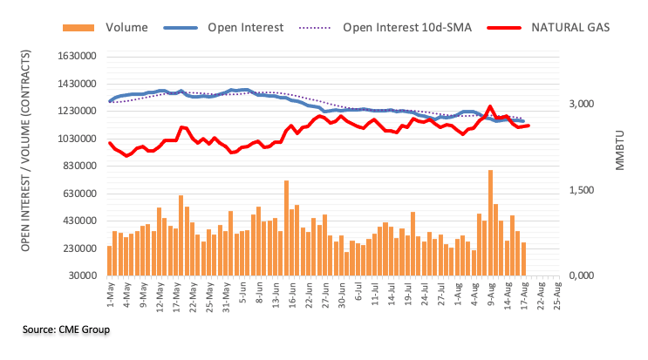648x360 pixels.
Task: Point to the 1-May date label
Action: point(111,296)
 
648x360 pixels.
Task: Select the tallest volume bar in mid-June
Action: point(286,228)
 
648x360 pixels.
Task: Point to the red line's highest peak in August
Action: point(490,106)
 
